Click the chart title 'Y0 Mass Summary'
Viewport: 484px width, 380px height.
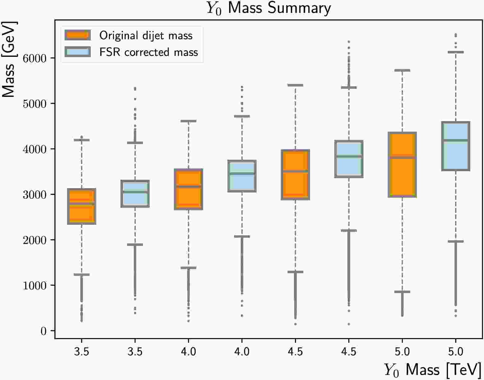pyautogui.click(x=269, y=8)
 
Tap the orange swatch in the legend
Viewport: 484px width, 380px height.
pyautogui.click(x=78, y=35)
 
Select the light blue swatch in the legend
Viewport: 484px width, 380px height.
pyautogui.click(x=78, y=52)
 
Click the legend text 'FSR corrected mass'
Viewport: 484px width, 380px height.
pyautogui.click(x=148, y=52)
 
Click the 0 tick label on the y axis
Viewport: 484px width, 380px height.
pyautogui.click(x=43, y=331)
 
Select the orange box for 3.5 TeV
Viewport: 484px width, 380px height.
pyautogui.click(x=82, y=206)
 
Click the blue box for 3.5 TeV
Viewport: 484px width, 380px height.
pyautogui.click(x=135, y=193)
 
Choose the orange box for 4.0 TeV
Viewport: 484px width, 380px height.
pyautogui.click(x=188, y=189)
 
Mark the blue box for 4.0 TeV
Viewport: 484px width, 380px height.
pyautogui.click(x=242, y=176)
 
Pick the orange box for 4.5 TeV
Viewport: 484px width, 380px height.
pyautogui.click(x=295, y=175)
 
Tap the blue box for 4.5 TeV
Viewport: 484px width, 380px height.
pyautogui.click(x=349, y=159)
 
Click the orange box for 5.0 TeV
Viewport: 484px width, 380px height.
pyautogui.click(x=402, y=165)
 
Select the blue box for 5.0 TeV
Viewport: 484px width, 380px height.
pyautogui.click(x=456, y=146)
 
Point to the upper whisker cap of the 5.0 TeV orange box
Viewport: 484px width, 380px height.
pyautogui.click(x=402, y=70)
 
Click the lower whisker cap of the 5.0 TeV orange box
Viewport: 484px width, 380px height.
pyautogui.click(x=402, y=292)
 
